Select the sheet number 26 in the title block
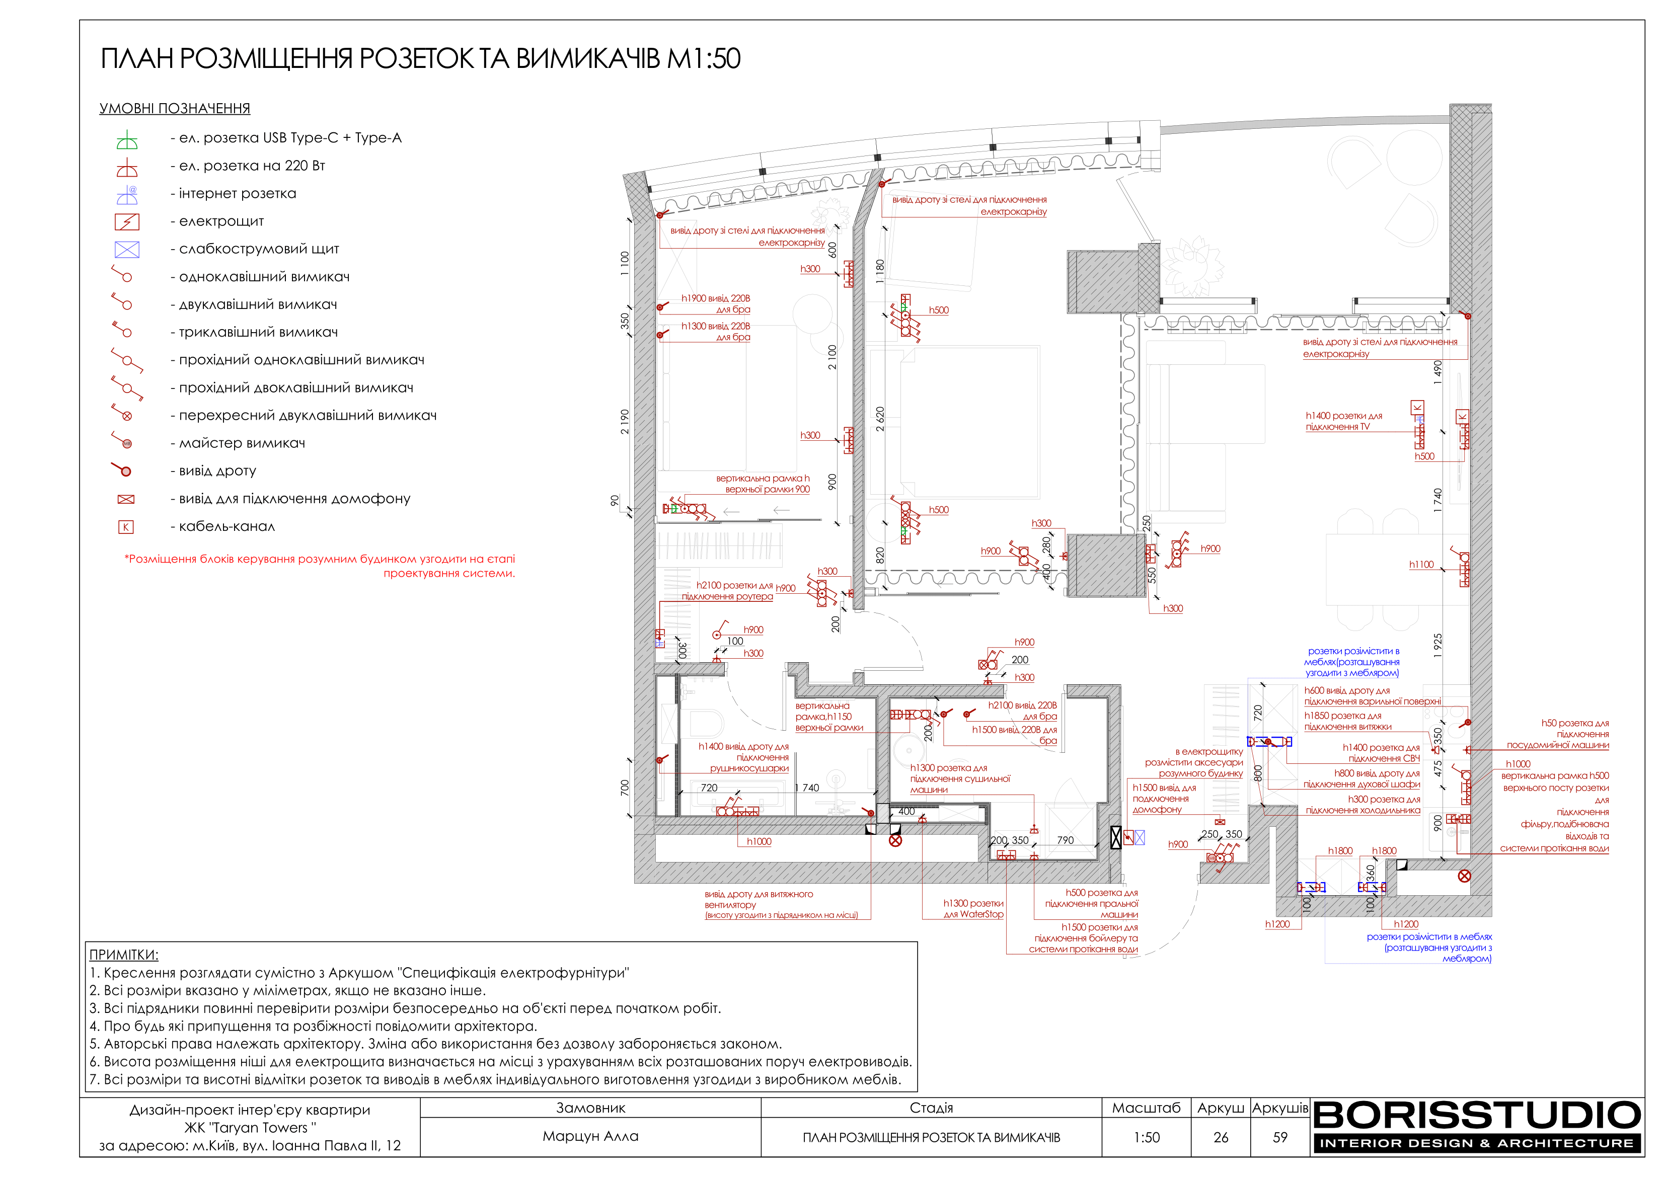pyautogui.click(x=1221, y=1137)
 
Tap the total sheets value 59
pyautogui.click(x=1280, y=1137)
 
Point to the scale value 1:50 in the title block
pyautogui.click(x=1147, y=1137)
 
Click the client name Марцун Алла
pyautogui.click(x=590, y=1136)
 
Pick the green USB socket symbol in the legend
pyautogui.click(x=127, y=140)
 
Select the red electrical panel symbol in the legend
pyautogui.click(x=127, y=222)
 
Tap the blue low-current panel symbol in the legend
pyautogui.click(x=127, y=250)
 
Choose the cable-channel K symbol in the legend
pyautogui.click(x=125, y=527)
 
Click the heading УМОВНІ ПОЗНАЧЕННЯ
pyautogui.click(x=175, y=109)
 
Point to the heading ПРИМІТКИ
pyautogui.click(x=124, y=955)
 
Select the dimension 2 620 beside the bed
pyautogui.click(x=880, y=419)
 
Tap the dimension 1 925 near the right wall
pyautogui.click(x=1438, y=646)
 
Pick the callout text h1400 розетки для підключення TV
pyautogui.click(x=1344, y=421)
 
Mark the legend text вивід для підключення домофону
pyautogui.click(x=294, y=499)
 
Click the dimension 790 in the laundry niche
pyautogui.click(x=1065, y=840)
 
